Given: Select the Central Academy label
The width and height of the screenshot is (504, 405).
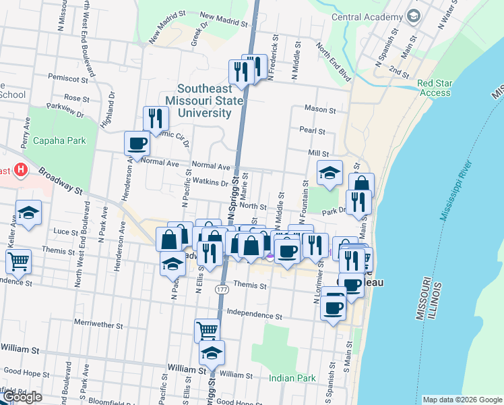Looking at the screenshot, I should point(367,17).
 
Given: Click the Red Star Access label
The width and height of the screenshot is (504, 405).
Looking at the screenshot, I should point(434,88).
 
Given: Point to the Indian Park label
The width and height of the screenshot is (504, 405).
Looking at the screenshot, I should point(292,378).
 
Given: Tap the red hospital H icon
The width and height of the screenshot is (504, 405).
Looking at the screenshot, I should point(20,169).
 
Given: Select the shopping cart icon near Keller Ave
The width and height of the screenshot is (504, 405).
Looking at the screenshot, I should point(19,261).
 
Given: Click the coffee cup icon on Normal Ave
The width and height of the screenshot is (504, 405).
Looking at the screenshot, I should point(137,143).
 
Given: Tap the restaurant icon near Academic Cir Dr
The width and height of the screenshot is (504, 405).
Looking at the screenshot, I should point(156,118).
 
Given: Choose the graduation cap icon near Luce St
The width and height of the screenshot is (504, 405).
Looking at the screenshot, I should point(29,213).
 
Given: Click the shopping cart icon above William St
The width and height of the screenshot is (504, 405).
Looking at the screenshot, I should point(207,331).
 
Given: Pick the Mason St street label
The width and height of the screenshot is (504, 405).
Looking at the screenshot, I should point(320,109).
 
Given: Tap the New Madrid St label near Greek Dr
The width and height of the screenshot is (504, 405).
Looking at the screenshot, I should point(223,20).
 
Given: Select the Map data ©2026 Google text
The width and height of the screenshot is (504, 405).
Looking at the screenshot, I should point(462,400).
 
